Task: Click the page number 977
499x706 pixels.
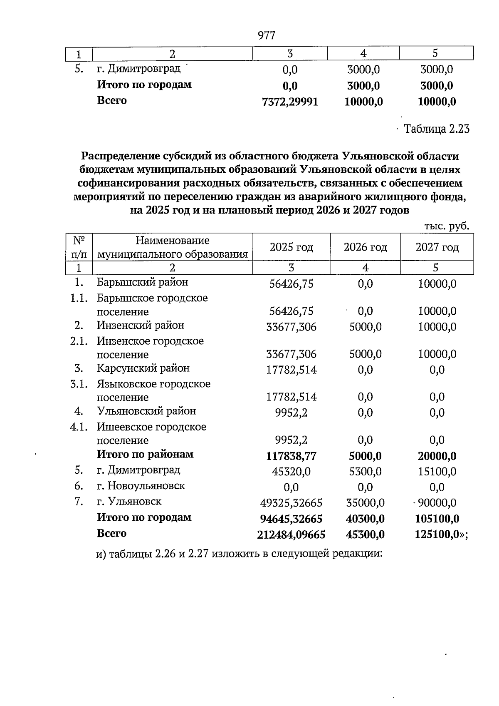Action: pos(267,36)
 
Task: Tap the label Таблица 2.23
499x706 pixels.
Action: pos(437,129)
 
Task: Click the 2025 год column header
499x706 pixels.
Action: pos(291,247)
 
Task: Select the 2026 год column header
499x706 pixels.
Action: pos(365,247)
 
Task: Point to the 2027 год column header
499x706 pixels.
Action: pos(437,247)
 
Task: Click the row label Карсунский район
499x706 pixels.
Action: pos(143,368)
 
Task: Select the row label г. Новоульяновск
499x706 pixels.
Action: pos(141,486)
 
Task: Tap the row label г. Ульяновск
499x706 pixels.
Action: pos(129,502)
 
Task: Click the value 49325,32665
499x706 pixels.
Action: pos(291,503)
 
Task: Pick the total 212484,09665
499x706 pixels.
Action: pos(291,534)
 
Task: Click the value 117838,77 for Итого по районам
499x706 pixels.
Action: pos(291,456)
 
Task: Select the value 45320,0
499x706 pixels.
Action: pos(291,472)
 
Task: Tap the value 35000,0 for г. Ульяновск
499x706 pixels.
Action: pos(365,503)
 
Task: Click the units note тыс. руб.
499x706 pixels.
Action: pos(447,226)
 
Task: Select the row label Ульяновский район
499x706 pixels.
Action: pos(146,411)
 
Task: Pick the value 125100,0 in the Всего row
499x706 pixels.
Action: pos(437,534)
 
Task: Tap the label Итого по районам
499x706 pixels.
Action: pos(145,454)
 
